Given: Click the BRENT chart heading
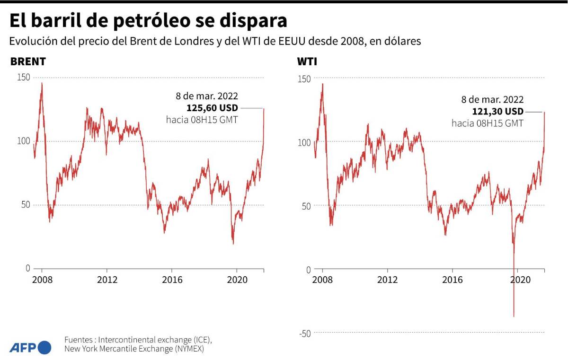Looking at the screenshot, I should [x=28, y=61].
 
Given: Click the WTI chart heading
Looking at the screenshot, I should [x=307, y=62].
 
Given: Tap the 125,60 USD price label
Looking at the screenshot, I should [x=213, y=108].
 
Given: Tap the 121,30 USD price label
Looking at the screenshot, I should [x=498, y=111].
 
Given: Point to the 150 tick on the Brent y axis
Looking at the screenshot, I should [x=23, y=77].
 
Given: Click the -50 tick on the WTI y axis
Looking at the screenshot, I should [x=304, y=333].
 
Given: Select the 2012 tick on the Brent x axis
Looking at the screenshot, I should [x=107, y=279].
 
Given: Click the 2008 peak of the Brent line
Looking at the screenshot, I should [x=42, y=83].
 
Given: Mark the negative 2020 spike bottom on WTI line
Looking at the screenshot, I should [x=514, y=316].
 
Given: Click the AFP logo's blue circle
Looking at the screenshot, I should [x=44, y=348].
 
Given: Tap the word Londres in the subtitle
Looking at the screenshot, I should [x=182, y=41].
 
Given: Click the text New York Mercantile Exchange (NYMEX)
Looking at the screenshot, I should [x=134, y=349].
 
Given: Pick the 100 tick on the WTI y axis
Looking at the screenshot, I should [x=304, y=142].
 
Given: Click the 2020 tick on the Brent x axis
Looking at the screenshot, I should [x=236, y=279].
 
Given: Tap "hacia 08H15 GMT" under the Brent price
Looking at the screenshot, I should [x=202, y=120].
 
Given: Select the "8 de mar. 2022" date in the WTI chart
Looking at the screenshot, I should [x=492, y=99].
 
